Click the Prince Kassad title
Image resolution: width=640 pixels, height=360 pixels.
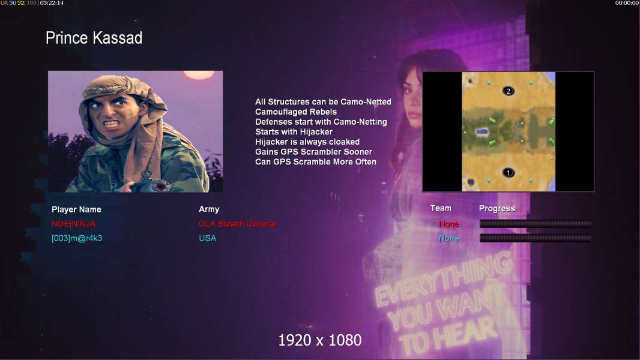click(x=94, y=38)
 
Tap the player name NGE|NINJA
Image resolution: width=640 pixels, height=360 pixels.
click(x=73, y=224)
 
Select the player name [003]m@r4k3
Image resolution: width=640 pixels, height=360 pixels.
click(x=77, y=238)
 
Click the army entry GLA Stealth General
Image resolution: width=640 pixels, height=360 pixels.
click(x=238, y=224)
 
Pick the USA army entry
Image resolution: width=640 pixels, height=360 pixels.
click(x=207, y=238)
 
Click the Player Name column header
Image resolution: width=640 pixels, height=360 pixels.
click(x=76, y=209)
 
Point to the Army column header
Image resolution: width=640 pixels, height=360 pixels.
click(x=209, y=209)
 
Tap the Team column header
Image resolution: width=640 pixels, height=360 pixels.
click(x=441, y=208)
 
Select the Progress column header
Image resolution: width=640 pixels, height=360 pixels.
click(x=497, y=209)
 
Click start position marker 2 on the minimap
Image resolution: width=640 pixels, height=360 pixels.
click(x=508, y=91)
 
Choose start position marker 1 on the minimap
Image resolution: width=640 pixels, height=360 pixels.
click(x=508, y=172)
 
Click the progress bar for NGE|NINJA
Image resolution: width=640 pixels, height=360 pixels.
click(x=536, y=223)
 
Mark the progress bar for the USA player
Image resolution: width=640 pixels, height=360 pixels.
click(x=536, y=238)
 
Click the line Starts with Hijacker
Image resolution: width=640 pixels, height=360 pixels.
click(x=294, y=131)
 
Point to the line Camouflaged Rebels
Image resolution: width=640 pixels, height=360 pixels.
click(x=296, y=112)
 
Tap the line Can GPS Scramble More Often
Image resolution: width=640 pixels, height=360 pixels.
click(x=316, y=162)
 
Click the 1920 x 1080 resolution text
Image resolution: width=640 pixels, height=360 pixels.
click(x=320, y=340)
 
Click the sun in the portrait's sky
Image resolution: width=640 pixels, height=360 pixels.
click(x=199, y=74)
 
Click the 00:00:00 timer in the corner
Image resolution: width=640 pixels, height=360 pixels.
click(x=627, y=3)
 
